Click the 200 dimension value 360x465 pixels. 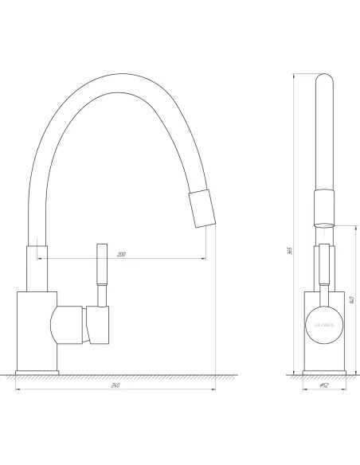[x=121, y=255]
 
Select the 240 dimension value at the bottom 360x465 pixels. [x=115, y=387]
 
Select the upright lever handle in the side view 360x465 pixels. [x=101, y=274]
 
